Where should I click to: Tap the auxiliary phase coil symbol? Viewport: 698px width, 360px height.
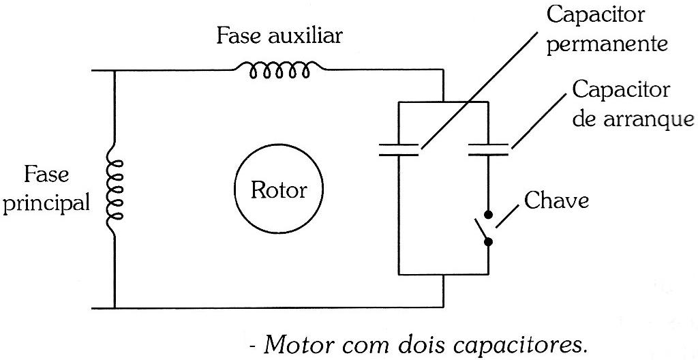pos(279,70)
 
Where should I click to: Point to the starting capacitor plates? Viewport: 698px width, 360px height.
pos(489,150)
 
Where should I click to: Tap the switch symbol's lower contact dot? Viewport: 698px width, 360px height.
pos(489,241)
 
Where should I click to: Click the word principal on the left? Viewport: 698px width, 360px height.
pos(47,203)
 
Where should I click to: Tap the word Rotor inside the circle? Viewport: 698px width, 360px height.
pos(279,190)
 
